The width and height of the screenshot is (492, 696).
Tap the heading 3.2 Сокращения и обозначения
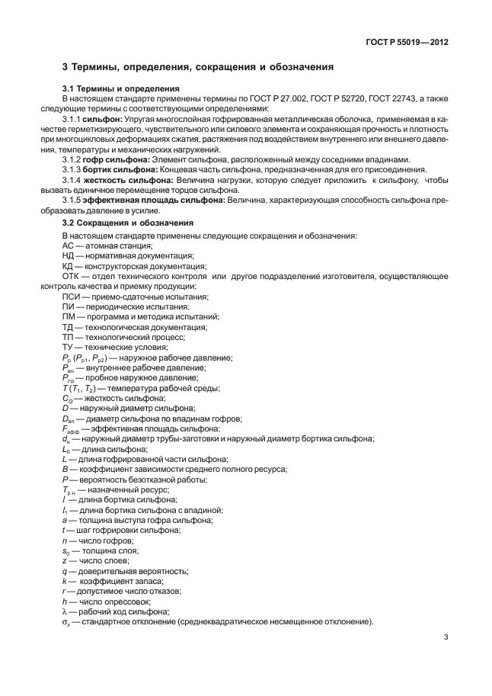point(127,223)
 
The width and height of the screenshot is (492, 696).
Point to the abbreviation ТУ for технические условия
point(68,347)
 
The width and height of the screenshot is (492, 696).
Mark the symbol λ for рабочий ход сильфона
point(64,612)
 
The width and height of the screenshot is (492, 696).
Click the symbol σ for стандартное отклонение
point(65,623)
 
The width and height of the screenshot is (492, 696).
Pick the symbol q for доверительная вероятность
point(64,571)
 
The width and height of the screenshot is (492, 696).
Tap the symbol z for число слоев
point(64,560)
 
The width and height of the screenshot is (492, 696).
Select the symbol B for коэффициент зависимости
point(64,469)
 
